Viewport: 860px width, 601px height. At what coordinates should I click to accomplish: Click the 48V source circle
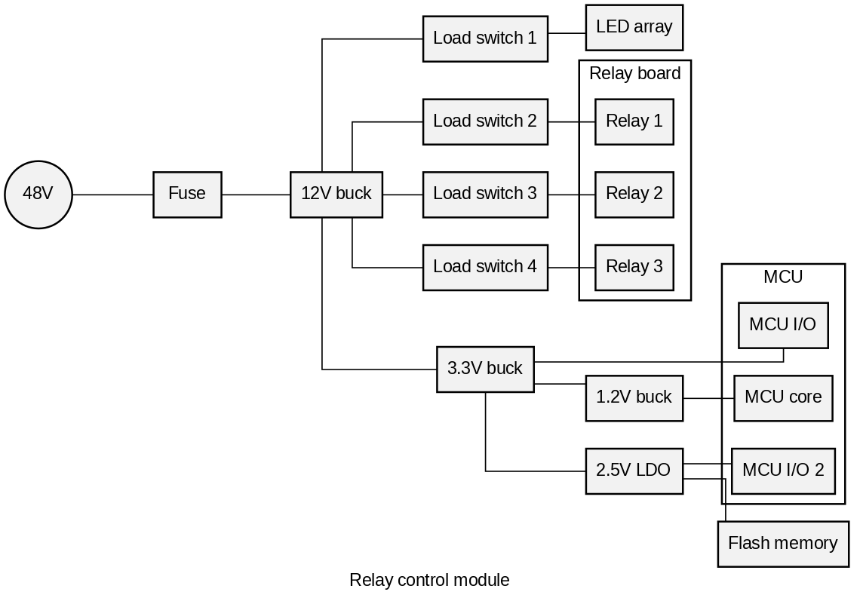38,195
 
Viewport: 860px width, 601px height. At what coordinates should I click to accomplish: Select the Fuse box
188,195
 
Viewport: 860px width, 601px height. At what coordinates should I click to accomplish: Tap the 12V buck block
336,195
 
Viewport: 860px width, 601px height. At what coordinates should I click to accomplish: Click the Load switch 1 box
485,39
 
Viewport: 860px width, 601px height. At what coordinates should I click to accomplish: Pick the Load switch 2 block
485,121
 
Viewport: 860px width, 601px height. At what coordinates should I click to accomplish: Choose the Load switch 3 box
485,195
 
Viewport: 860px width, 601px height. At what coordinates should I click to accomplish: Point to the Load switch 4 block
485,268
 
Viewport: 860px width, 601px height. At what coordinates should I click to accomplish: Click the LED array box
634,27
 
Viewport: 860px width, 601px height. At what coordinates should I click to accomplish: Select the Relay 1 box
634,121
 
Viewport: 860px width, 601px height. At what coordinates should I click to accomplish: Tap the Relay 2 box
634,195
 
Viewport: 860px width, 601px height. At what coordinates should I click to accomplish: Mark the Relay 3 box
634,268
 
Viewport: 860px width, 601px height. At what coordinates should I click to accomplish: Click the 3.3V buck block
485,369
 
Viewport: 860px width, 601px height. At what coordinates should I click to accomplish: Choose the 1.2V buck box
634,398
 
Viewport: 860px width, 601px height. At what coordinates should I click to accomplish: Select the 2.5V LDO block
634,471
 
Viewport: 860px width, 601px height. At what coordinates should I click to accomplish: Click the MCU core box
783,398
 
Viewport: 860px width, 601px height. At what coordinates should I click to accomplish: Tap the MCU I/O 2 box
783,471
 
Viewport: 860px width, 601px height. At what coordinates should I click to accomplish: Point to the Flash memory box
783,544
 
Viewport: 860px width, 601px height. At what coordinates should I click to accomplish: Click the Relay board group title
635,73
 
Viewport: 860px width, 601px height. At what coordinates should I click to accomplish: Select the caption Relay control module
429,580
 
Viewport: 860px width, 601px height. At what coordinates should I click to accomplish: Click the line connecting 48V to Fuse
113,195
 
